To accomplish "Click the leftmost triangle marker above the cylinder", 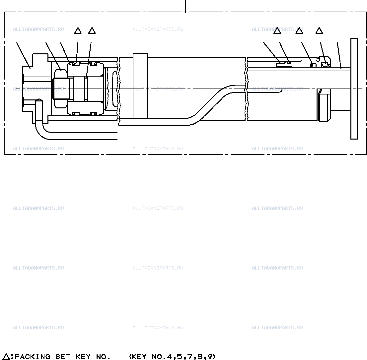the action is (x=78, y=30).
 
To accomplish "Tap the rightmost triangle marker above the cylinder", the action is (x=319, y=30).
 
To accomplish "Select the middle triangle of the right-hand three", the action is (x=299, y=30).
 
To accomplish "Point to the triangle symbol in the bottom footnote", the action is (x=7, y=356).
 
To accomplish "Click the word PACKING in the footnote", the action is (x=32, y=356).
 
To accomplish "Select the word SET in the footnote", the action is (x=63, y=356).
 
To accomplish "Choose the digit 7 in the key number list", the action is (x=190, y=356).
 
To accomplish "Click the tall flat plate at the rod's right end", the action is (x=354, y=89).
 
